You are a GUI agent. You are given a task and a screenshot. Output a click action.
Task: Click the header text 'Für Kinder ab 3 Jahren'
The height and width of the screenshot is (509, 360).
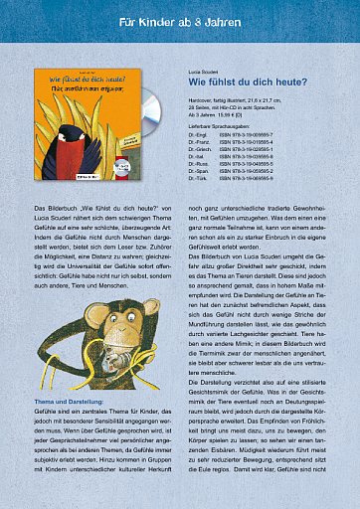pos(179,20)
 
